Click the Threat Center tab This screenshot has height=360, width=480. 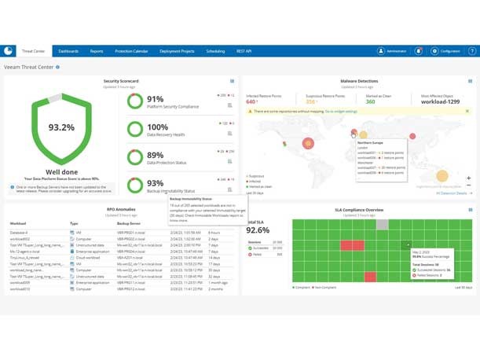[34, 51]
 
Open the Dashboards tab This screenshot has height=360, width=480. [68, 51]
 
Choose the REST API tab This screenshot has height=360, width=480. [244, 51]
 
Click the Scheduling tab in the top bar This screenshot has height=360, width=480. [214, 51]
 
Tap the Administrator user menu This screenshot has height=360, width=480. [392, 51]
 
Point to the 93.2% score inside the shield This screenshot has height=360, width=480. [61, 127]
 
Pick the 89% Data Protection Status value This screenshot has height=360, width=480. [156, 156]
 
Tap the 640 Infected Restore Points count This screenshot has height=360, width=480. [252, 101]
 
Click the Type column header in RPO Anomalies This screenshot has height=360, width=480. [75, 223]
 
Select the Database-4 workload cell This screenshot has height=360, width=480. [19, 233]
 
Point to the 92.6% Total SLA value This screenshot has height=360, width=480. [258, 230]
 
